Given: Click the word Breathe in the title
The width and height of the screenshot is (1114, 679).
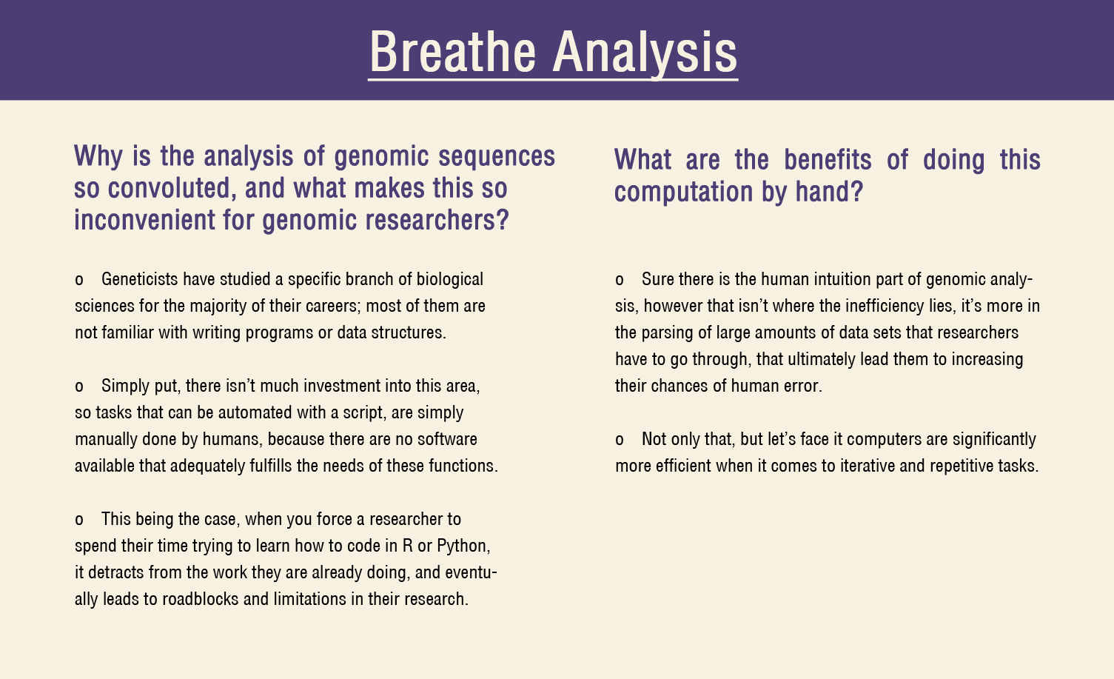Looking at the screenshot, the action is [x=452, y=52].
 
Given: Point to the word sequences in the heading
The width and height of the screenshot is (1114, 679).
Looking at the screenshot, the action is [x=497, y=157].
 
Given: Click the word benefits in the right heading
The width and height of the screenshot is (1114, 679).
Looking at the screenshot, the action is [x=828, y=160].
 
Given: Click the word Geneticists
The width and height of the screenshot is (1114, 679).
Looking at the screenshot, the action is [x=140, y=279].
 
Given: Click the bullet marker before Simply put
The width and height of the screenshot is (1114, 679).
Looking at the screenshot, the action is [x=79, y=387].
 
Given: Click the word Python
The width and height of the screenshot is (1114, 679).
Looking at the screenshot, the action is [x=463, y=546].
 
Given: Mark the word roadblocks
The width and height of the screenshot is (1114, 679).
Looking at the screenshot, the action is [x=201, y=599].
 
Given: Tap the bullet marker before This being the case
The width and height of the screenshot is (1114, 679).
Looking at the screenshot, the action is [x=79, y=521].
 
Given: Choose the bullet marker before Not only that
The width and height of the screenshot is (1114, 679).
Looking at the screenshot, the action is [x=619, y=441].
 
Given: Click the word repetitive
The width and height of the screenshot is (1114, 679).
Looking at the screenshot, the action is [x=962, y=466].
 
